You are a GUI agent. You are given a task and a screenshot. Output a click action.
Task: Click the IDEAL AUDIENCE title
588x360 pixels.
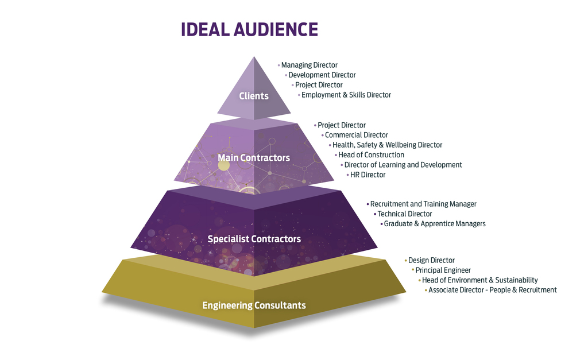coord(249,29)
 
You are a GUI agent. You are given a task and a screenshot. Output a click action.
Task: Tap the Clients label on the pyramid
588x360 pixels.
coord(254,96)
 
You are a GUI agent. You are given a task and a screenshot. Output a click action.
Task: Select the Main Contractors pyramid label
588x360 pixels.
coord(254,157)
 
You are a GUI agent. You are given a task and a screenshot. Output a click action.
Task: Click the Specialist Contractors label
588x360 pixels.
coord(254,239)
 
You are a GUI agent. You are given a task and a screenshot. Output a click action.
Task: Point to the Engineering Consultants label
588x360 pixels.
coord(254,305)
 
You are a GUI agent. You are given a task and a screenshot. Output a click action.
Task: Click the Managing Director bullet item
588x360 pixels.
coord(309,65)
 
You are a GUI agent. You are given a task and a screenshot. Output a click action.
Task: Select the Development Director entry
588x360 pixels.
coord(322,75)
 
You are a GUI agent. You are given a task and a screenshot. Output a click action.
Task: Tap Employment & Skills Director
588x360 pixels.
coord(346,95)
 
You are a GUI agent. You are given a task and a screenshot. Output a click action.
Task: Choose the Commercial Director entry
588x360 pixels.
coord(356,135)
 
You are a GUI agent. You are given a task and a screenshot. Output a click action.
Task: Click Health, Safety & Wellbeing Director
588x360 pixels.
coord(387,145)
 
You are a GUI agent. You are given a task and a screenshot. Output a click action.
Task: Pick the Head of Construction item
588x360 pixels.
coord(371,155)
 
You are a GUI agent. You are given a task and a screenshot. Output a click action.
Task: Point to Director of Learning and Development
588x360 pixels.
coord(403,165)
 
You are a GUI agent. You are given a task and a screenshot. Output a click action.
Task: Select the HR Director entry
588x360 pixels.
coord(367,175)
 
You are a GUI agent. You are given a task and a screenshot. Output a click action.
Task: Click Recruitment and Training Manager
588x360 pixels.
coord(423,204)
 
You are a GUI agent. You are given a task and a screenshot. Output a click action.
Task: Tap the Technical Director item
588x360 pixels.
coord(404,214)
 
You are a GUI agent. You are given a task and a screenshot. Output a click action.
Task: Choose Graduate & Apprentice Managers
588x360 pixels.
coord(434,223)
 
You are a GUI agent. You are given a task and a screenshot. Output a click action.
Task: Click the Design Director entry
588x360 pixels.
coord(431,261)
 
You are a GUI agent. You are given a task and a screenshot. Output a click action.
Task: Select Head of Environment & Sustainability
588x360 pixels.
coord(479,280)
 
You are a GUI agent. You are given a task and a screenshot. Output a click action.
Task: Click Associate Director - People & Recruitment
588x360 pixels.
coord(492,290)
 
